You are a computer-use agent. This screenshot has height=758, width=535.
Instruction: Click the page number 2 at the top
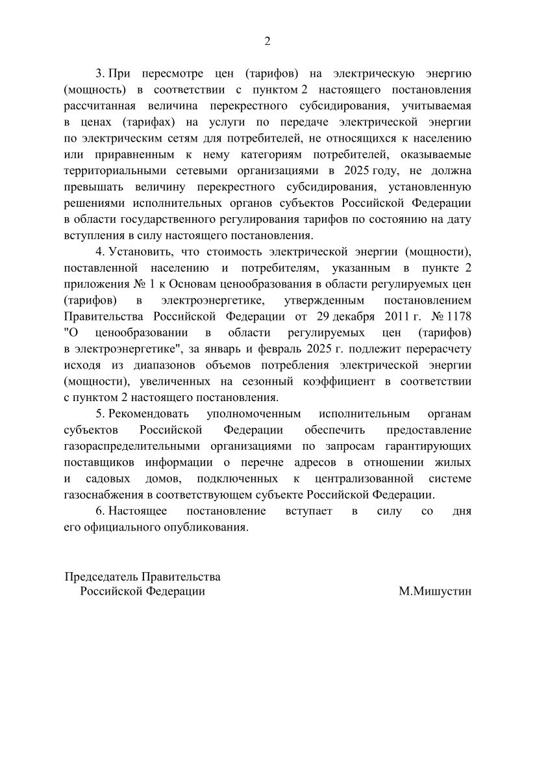pyautogui.click(x=267, y=41)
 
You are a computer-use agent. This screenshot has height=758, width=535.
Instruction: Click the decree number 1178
pyautogui.click(x=458, y=317)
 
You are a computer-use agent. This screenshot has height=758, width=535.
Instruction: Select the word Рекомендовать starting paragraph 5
pyautogui.click(x=149, y=414)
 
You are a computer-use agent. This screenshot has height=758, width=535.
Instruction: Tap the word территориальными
pyautogui.click(x=116, y=170)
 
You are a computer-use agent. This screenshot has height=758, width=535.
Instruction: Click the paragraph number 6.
pyautogui.click(x=99, y=512)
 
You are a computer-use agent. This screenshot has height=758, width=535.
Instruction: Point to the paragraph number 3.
pyautogui.click(x=99, y=73)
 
